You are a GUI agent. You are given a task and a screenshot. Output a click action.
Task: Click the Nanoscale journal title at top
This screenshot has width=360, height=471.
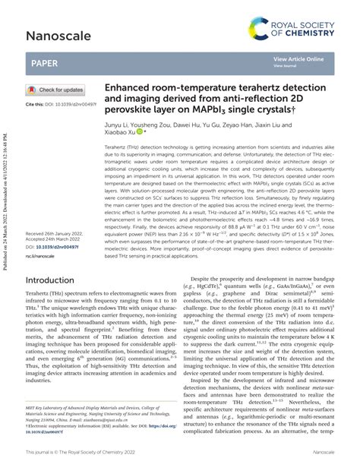pos(59,35)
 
